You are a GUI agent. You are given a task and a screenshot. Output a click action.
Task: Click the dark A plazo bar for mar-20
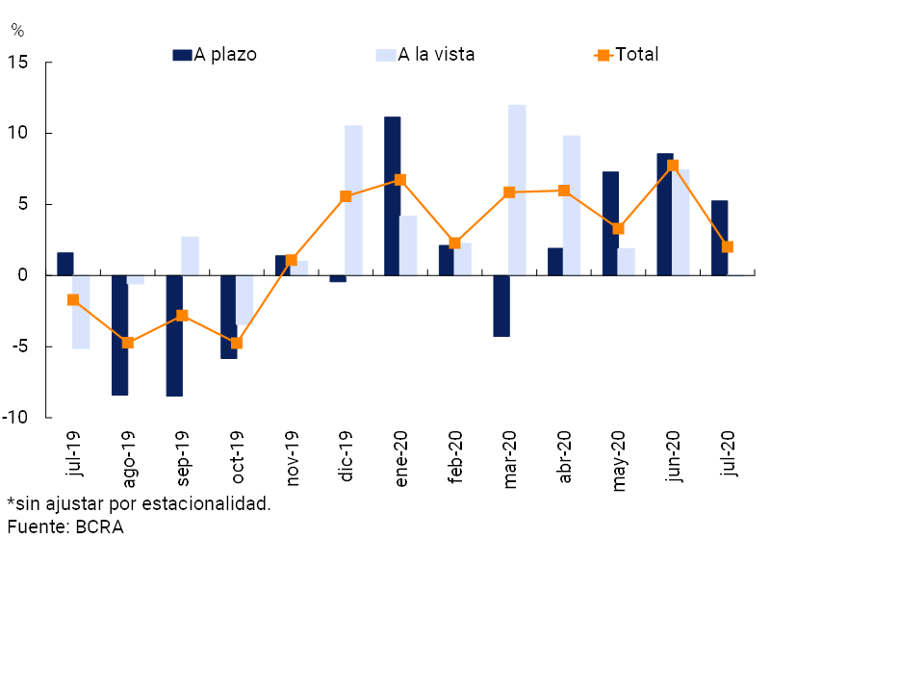[501, 305]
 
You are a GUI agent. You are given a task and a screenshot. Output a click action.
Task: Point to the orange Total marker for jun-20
[673, 166]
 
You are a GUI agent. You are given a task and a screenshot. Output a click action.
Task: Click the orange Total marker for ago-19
[128, 343]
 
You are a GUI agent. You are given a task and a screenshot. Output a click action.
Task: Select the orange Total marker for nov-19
[292, 260]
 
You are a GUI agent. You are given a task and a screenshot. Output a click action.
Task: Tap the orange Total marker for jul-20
[728, 246]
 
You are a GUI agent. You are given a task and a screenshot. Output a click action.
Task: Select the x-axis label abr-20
[564, 455]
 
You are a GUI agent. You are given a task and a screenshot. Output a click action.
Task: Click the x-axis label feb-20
[455, 455]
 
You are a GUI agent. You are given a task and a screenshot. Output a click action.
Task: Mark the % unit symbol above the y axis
[16, 31]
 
